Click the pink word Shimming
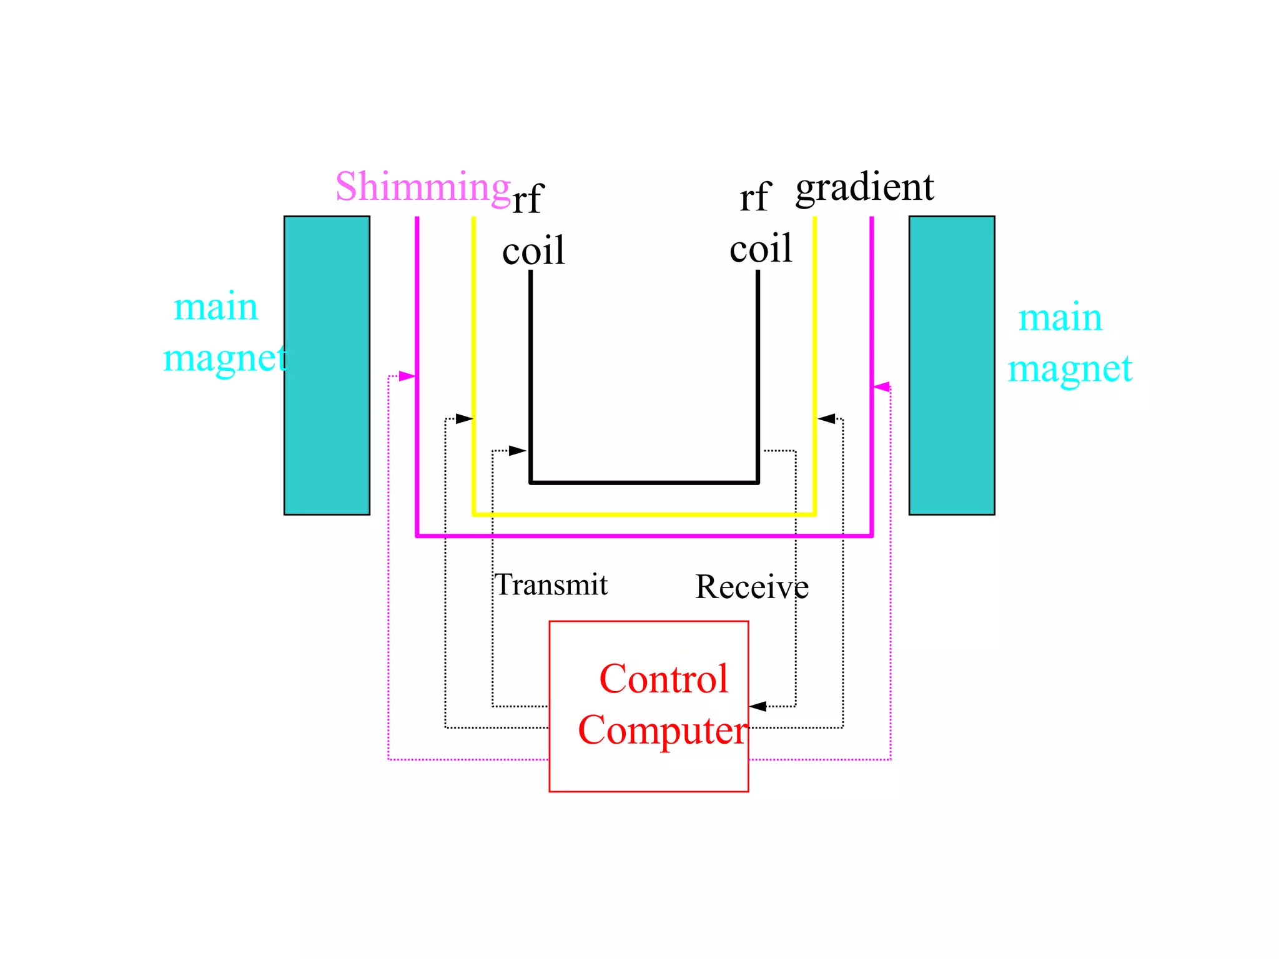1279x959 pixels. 423,187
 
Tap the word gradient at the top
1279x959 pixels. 864,187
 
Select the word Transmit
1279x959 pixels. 551,585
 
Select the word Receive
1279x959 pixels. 751,587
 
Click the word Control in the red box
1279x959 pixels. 663,679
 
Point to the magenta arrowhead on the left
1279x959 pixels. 407,376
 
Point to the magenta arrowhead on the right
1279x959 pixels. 882,387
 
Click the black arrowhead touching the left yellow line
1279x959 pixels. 464,418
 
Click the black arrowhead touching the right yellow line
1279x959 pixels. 826,418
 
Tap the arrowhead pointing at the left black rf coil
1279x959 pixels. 518,451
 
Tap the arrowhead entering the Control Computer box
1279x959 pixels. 758,706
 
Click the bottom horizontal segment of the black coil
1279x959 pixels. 644,482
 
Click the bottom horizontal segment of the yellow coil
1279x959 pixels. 644,514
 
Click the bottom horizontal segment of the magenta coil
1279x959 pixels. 644,536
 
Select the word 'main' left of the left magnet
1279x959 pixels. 215,307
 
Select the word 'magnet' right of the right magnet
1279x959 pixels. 1070,369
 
